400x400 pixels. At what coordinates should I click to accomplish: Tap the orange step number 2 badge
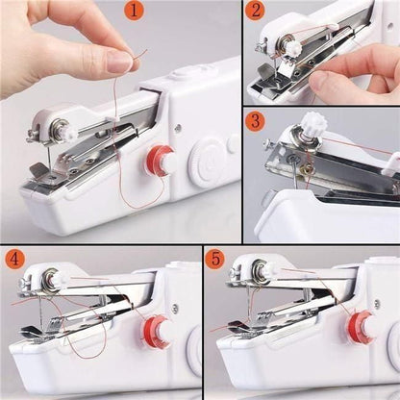click(255, 12)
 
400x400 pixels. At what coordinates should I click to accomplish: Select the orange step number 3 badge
click(255, 122)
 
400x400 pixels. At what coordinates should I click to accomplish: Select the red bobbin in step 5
click(362, 325)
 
